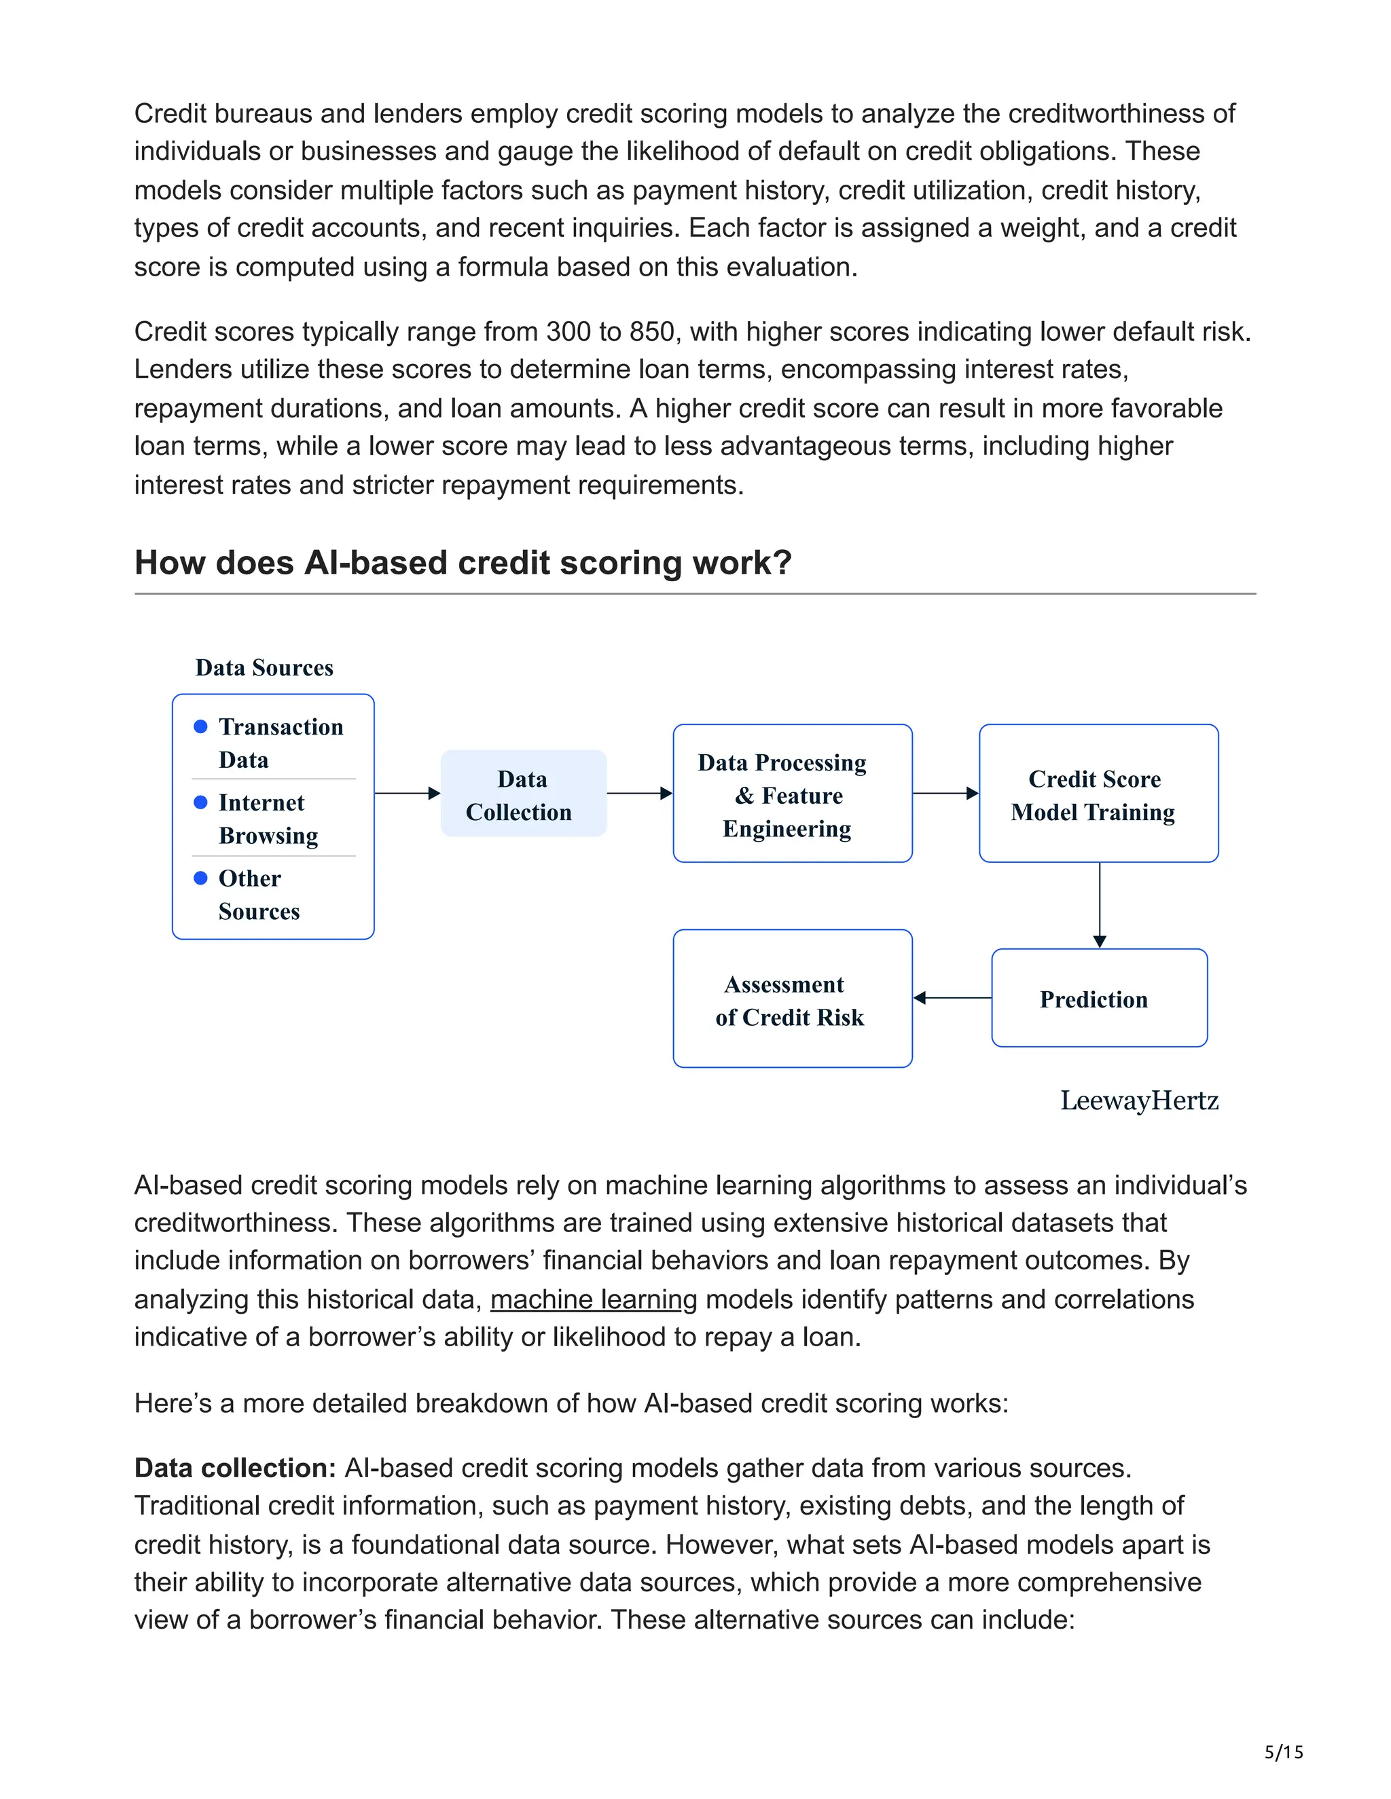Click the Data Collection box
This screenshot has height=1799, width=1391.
point(523,793)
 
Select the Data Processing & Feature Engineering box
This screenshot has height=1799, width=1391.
point(792,793)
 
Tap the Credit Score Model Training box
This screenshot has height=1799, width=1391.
point(1098,793)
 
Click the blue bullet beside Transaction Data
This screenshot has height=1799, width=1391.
point(200,726)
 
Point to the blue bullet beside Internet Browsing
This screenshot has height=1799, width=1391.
point(200,802)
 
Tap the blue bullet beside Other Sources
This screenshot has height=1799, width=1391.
point(200,878)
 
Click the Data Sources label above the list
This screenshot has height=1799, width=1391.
point(264,667)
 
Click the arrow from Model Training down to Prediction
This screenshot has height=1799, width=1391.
point(1100,904)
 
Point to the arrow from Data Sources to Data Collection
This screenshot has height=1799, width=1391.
point(407,793)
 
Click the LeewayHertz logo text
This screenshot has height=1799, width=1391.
point(1138,1100)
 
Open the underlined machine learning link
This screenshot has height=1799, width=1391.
point(594,1299)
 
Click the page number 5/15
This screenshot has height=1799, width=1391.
point(1283,1752)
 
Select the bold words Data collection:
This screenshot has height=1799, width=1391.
point(235,1468)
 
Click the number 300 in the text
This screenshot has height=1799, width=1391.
point(568,331)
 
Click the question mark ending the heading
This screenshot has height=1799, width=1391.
point(782,563)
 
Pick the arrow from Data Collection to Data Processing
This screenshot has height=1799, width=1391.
point(639,793)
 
